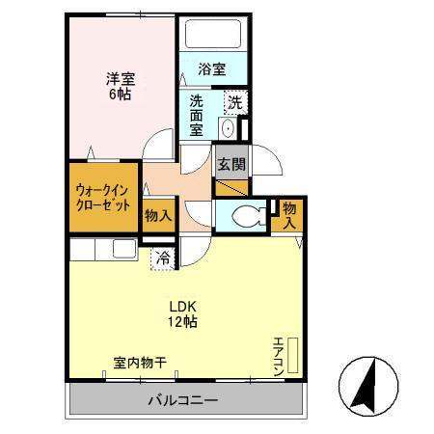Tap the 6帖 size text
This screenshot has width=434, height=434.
point(119,95)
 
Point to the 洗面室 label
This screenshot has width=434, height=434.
point(196,116)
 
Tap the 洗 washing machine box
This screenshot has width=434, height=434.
point(234,101)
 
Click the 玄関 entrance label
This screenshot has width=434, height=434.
point(229,163)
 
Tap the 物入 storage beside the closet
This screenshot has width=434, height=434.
point(157,215)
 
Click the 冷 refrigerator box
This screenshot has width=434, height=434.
point(164,258)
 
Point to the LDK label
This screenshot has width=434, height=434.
point(183,306)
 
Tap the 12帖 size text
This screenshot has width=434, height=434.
point(183,322)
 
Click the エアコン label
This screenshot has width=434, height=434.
point(278,356)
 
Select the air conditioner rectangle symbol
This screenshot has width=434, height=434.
point(294,356)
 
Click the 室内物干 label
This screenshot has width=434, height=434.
point(140,364)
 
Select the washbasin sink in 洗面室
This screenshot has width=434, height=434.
point(228,128)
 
